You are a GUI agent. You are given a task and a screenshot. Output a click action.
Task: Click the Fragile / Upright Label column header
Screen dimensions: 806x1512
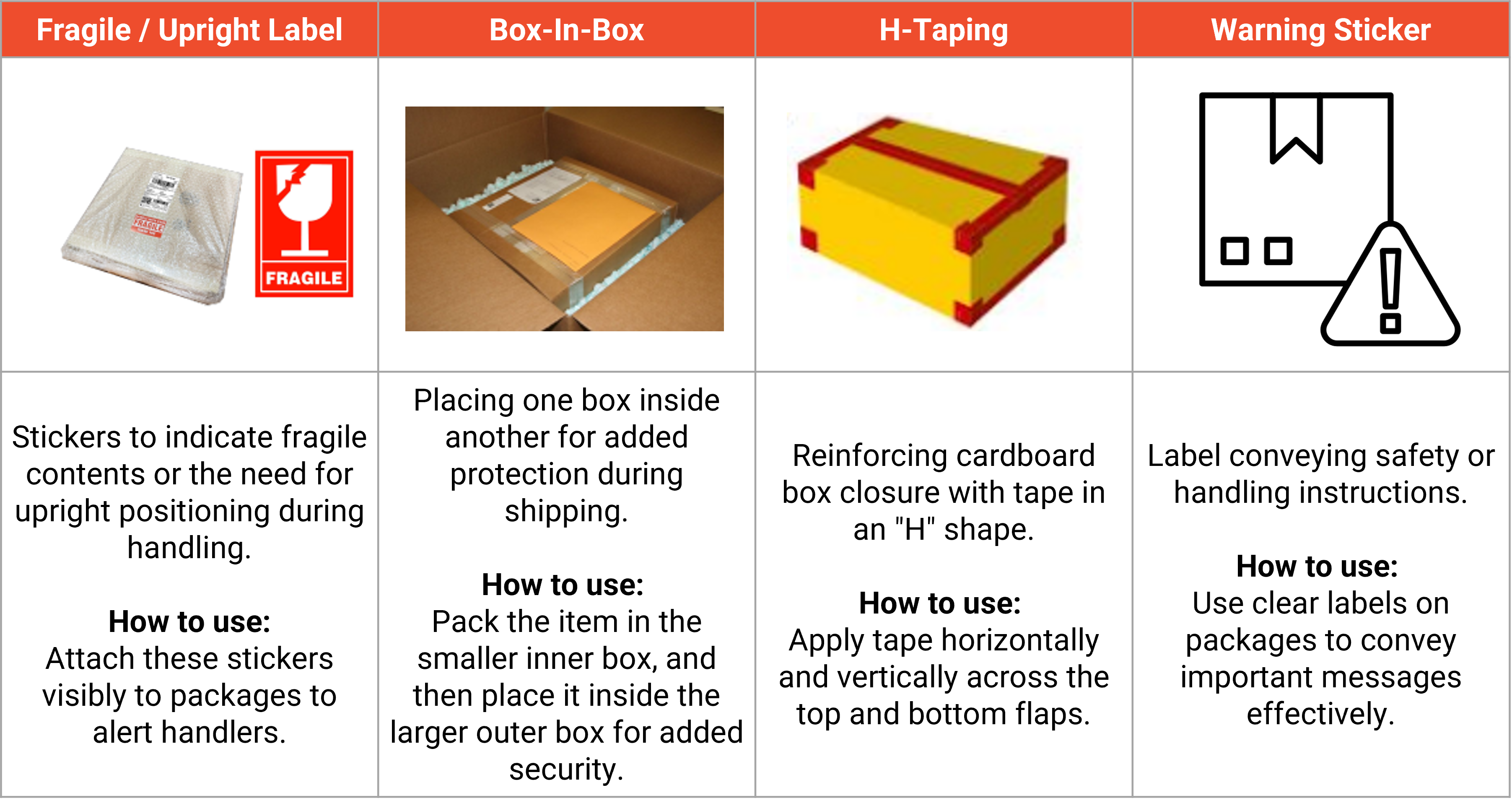(189, 29)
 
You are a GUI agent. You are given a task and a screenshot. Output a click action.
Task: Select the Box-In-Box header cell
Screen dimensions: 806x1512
(566, 29)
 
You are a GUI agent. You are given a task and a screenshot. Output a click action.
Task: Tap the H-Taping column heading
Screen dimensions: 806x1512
(943, 29)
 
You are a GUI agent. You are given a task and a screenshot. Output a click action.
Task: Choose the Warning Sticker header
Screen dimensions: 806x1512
(1321, 29)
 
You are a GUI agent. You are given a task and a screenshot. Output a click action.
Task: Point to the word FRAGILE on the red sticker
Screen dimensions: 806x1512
(304, 278)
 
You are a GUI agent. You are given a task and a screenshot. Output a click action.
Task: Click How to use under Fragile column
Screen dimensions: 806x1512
(189, 621)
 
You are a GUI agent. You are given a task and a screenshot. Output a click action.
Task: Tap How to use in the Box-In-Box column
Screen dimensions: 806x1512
(562, 584)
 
